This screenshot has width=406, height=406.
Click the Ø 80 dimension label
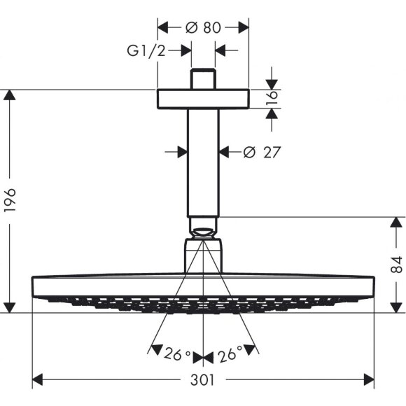coord(204,28)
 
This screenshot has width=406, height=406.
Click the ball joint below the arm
coord(204,228)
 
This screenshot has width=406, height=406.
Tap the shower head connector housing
coord(204,256)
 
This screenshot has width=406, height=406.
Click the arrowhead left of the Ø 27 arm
coord(182,151)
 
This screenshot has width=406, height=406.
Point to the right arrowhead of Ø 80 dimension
coord(244,28)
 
